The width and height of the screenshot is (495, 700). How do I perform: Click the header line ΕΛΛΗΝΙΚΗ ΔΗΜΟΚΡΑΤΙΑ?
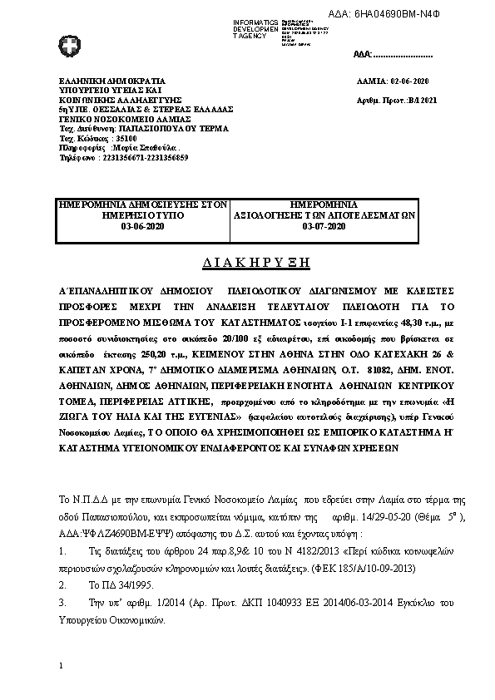[101, 82]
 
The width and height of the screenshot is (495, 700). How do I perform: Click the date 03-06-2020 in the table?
[143, 225]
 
